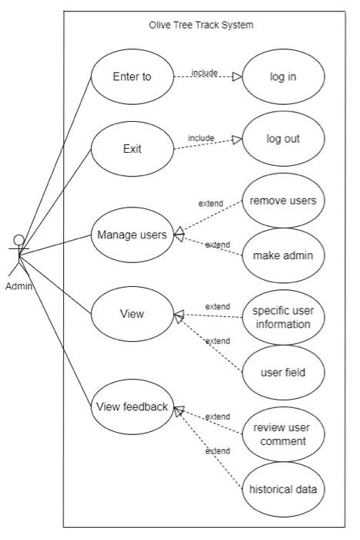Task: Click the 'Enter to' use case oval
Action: tap(132, 76)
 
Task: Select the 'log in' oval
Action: tap(282, 77)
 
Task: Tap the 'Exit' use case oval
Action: tap(132, 149)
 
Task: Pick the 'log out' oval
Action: tap(282, 139)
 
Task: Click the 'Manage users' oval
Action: tap(132, 235)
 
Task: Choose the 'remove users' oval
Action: tap(282, 201)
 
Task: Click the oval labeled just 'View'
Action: tap(132, 314)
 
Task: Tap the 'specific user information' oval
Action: tap(282, 317)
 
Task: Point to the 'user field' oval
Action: tap(282, 373)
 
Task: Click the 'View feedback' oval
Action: tap(132, 407)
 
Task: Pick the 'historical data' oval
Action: tap(282, 489)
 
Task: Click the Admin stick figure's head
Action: tap(19, 240)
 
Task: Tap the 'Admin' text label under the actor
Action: tap(19, 287)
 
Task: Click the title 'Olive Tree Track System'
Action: tap(201, 25)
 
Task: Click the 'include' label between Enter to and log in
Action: tap(204, 73)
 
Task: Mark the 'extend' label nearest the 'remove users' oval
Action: tap(210, 204)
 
